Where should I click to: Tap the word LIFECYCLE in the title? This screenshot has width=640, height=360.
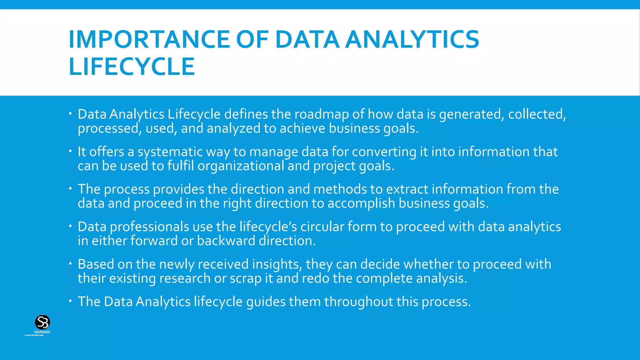coord(132,67)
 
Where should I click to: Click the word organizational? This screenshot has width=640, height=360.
coord(241,166)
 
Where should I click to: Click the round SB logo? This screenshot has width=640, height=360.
coord(42,322)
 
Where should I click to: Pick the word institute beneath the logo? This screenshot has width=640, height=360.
coord(42,332)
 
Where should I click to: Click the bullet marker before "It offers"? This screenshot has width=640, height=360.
coord(71,151)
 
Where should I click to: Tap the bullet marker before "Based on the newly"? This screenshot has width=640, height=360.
coord(71,264)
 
